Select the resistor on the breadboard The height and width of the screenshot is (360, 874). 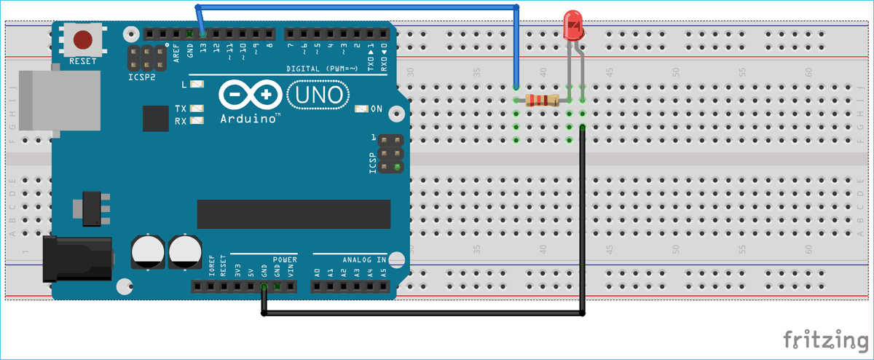tap(540, 101)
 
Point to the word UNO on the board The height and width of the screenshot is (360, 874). tap(319, 95)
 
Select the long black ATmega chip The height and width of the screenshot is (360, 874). tap(294, 214)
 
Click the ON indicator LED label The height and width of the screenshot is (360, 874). tap(377, 109)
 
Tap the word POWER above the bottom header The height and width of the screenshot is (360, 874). tap(285, 259)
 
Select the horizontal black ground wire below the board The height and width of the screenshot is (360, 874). tap(422, 315)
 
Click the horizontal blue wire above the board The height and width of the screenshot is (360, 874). tap(357, 7)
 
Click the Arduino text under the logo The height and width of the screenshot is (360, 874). tap(248, 117)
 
